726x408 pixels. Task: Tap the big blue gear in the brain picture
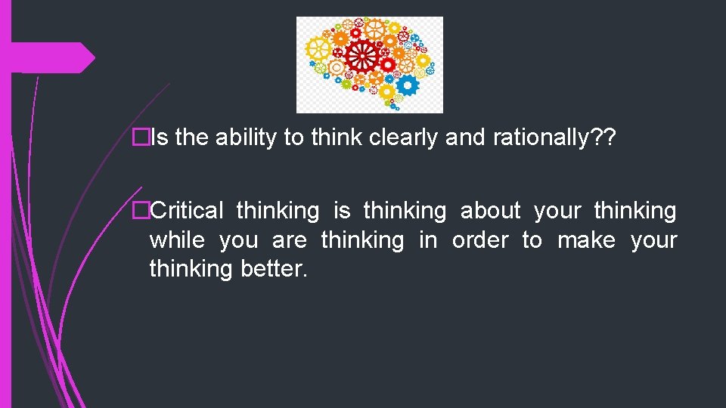pos(407,85)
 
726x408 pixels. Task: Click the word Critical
pos(187,211)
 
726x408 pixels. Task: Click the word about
pos(490,211)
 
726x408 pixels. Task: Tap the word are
pos(289,240)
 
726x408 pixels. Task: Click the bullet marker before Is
pos(138,138)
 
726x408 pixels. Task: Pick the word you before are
pos(238,240)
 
